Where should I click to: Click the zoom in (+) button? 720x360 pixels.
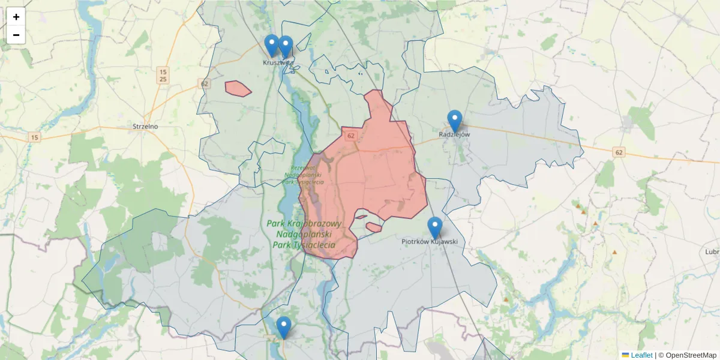point(16,17)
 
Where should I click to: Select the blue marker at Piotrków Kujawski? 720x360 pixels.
point(434,227)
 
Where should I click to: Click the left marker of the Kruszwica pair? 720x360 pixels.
point(272,45)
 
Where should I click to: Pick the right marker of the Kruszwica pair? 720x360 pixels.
point(286,46)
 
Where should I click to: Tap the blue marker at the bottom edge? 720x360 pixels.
point(284,327)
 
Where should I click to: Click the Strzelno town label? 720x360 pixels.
point(145,127)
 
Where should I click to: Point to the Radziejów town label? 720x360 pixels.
point(454,134)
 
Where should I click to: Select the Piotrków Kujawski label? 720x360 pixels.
point(430,242)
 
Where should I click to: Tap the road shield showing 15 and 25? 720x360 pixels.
point(163,75)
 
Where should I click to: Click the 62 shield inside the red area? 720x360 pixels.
point(352,136)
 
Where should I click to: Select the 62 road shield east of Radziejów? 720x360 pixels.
point(619,153)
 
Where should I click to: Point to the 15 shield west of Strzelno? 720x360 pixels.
point(35,137)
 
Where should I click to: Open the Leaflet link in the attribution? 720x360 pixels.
point(641,355)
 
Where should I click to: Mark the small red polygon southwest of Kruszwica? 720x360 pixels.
point(238,88)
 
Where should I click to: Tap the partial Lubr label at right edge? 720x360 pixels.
point(712,252)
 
